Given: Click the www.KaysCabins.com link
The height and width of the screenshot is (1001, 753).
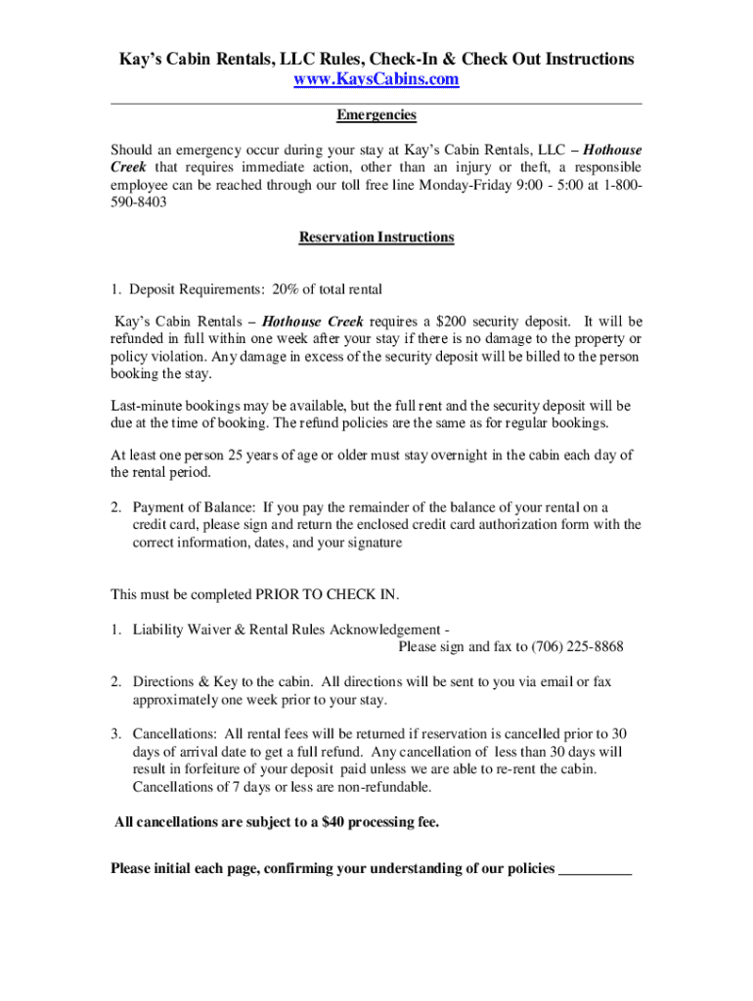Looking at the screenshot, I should click(376, 80).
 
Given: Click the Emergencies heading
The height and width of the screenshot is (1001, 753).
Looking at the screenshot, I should click(376, 115).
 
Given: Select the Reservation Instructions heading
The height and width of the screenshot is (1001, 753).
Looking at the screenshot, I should click(376, 238).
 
